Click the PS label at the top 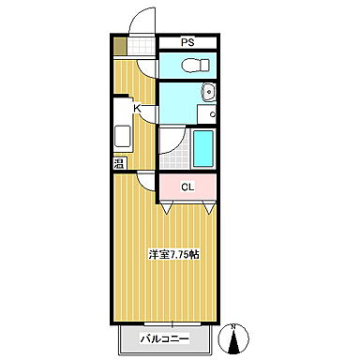coord(187,41)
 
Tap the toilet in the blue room coord(192,66)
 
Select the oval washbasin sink coord(209,93)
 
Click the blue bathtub coord(202,148)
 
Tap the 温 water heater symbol coord(119,165)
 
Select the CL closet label coord(187,187)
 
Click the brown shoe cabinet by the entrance coord(120,43)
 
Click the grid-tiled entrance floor coord(141,45)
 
